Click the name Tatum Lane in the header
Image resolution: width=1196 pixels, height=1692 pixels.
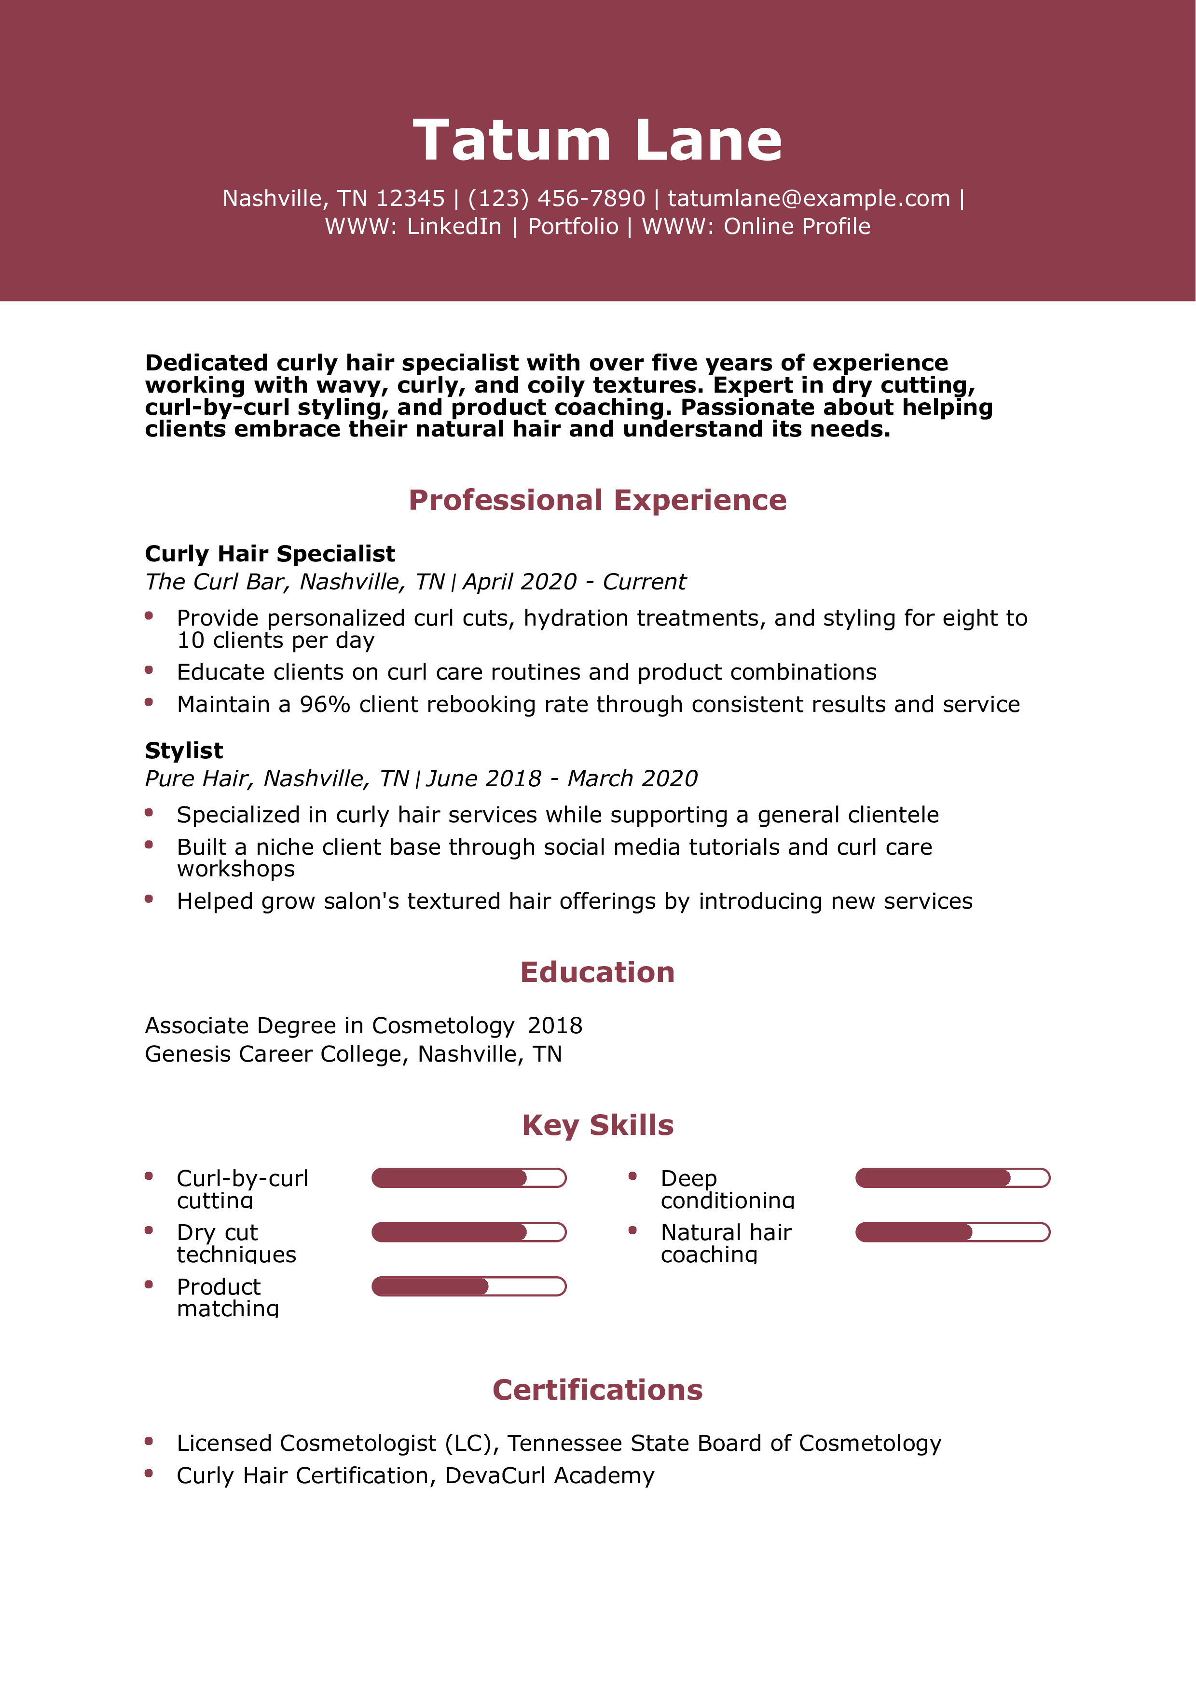(x=597, y=140)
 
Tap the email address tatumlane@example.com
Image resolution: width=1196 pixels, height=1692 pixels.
(x=809, y=198)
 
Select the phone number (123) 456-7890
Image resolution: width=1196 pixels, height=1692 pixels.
(x=556, y=198)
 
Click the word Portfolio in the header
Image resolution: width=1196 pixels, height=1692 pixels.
(x=573, y=226)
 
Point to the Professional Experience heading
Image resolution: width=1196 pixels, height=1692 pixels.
(x=597, y=500)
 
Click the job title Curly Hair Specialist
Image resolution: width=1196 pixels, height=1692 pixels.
(x=270, y=553)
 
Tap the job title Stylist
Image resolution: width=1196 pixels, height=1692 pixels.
(x=183, y=750)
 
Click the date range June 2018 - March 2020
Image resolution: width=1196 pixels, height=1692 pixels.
(x=562, y=778)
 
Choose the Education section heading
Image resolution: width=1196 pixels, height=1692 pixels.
(x=597, y=972)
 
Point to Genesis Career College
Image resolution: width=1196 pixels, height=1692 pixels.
(x=274, y=1054)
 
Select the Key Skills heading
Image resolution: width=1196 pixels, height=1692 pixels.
(x=597, y=1125)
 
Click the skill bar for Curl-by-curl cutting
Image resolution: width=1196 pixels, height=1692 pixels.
(x=468, y=1178)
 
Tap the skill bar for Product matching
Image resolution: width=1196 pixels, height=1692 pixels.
(x=468, y=1287)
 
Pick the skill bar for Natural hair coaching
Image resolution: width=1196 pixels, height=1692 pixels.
(x=952, y=1232)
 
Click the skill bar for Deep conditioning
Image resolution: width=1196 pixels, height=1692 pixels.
(x=952, y=1178)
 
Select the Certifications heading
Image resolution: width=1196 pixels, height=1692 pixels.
(x=597, y=1390)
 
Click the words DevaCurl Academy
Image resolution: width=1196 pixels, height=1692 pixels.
(x=549, y=1475)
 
